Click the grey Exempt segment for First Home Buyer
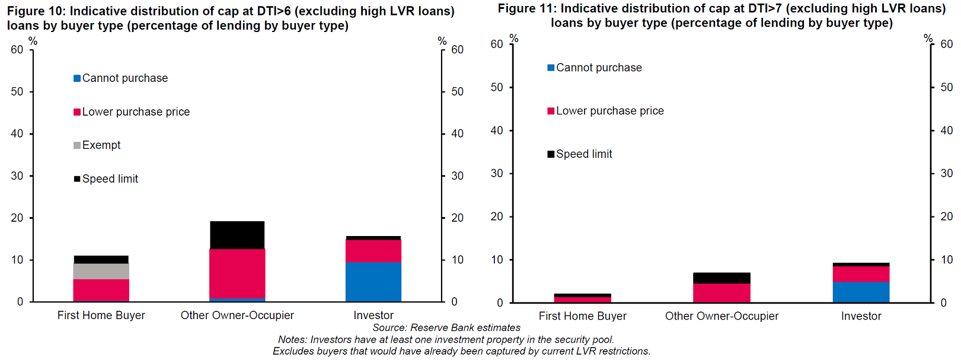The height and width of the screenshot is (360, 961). pos(101,271)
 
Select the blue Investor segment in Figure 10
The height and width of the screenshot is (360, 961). pos(373,282)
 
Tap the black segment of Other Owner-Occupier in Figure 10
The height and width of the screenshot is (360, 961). pos(237,235)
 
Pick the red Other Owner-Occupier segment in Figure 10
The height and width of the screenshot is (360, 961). pos(237,273)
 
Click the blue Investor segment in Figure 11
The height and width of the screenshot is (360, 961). pos(861,292)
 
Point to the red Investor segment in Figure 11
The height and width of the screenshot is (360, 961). pos(861,274)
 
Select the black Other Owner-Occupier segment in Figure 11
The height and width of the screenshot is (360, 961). pos(721,278)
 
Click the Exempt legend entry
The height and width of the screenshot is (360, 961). pos(101,145)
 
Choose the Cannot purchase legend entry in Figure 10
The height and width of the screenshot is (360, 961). pos(124,78)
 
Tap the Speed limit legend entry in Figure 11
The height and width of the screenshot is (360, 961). pos(583,154)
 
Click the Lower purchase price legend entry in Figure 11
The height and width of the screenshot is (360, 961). pos(609,111)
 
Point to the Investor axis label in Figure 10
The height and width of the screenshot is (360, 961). pos(373,316)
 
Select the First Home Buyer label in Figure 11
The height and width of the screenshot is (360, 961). pos(582,316)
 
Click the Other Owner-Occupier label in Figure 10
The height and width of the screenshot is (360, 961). pos(237,316)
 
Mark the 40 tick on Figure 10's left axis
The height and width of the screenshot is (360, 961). pos(17,134)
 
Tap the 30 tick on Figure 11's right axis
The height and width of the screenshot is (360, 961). pos(947,174)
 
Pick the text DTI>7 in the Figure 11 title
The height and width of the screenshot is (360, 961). pos(764,8)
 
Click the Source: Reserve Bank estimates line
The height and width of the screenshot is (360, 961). pos(446,328)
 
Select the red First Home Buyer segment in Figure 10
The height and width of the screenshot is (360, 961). pos(101,290)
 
